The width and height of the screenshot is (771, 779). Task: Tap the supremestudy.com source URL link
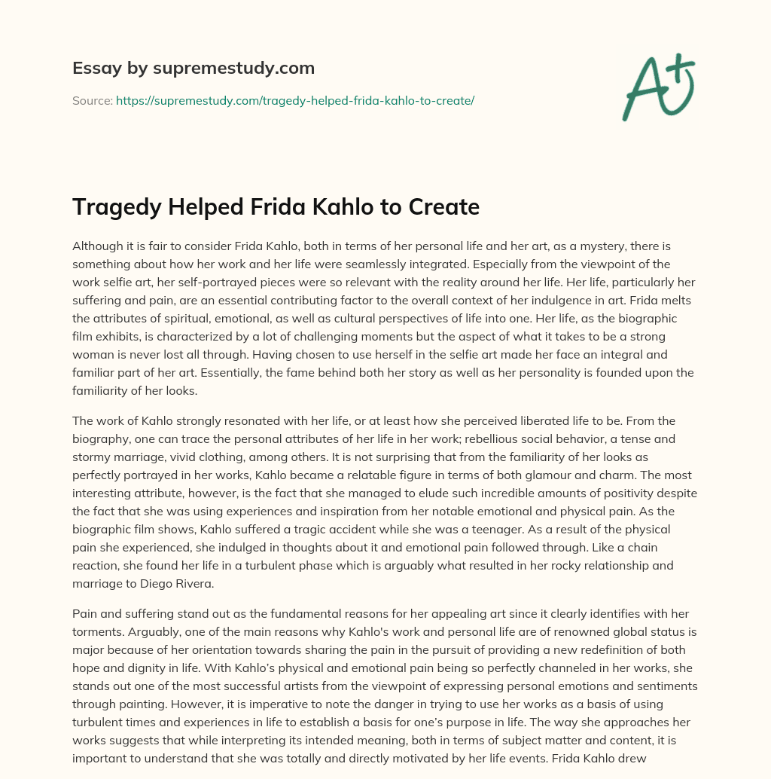tap(295, 100)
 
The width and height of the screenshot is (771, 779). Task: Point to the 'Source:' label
tap(92, 100)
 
